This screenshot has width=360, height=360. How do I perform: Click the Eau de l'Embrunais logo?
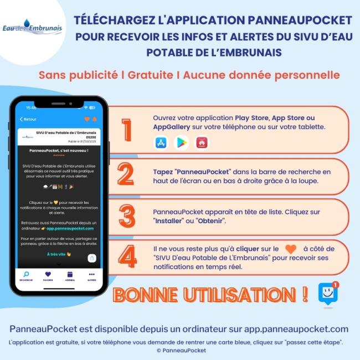[x=32, y=28]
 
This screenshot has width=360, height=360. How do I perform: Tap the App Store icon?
[x=161, y=143]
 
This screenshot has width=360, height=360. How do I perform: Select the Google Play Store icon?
[x=181, y=143]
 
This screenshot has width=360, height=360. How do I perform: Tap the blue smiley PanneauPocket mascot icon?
[x=328, y=293]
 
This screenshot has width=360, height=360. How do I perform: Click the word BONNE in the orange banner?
[x=146, y=295]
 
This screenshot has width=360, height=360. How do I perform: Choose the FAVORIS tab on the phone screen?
[x=48, y=276]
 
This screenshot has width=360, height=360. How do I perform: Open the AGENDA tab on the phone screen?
[x=70, y=276]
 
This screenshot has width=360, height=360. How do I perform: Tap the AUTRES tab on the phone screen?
[x=91, y=276]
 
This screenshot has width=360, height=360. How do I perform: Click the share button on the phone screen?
[x=92, y=258]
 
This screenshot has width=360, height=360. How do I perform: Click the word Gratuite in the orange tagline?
[x=149, y=75]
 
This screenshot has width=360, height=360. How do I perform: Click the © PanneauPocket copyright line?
[x=181, y=351]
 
